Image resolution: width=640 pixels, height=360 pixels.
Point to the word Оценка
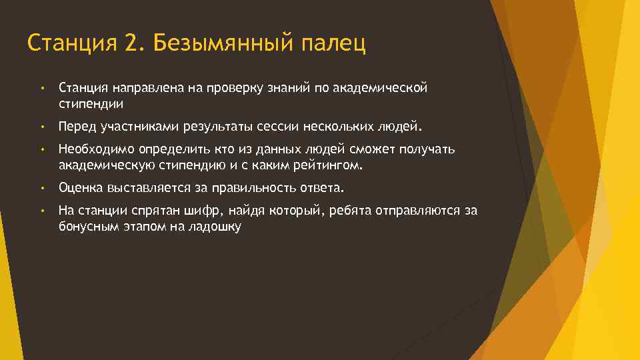click(79, 188)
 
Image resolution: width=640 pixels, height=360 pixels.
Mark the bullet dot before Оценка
click(41, 188)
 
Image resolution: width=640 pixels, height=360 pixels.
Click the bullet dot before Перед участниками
click(41, 126)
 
